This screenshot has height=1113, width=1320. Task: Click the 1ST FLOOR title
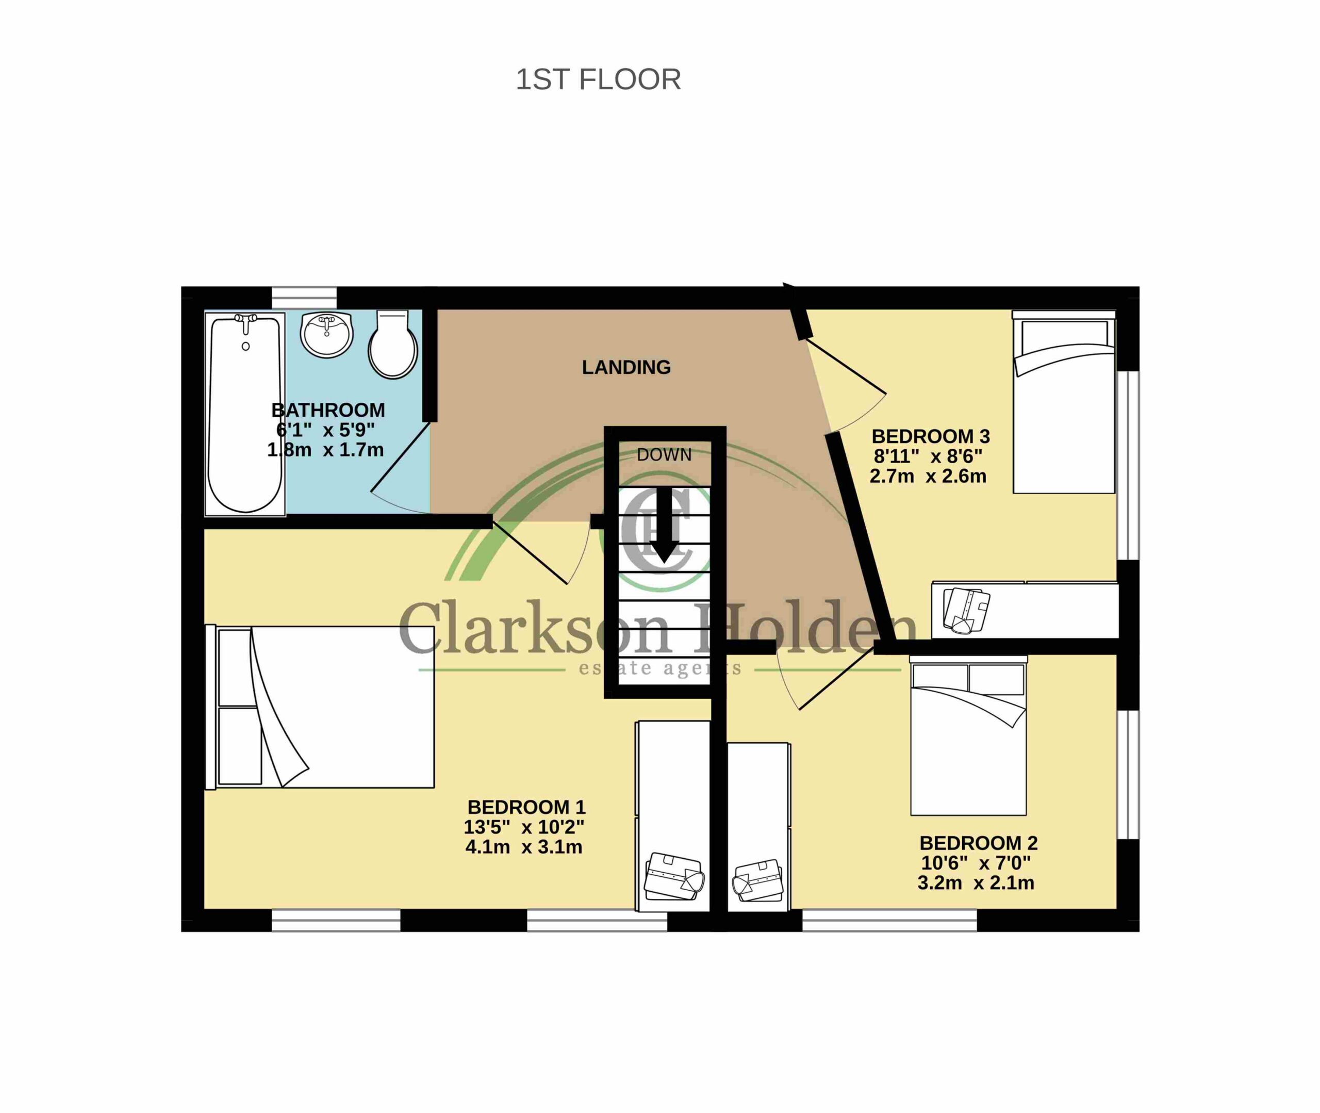coord(598,80)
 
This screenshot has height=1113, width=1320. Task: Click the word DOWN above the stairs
coord(664,455)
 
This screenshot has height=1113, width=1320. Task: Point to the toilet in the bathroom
coord(393,344)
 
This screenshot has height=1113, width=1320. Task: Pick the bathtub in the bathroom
coord(245,413)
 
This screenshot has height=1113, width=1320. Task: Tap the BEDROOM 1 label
coord(526,807)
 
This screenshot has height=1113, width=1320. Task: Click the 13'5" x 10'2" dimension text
coord(524,827)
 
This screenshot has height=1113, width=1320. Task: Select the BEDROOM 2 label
coord(978,843)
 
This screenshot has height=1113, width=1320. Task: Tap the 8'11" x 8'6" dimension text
coord(928,455)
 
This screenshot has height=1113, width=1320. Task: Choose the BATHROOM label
coord(328,410)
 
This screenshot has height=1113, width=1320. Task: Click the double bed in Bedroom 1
coord(320,707)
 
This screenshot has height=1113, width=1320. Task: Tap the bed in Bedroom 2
coord(968,735)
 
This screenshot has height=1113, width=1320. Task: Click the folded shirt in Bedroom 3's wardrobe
coord(966,610)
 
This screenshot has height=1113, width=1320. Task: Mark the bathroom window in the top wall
coord(304,298)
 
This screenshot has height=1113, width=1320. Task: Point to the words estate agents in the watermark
coord(659,669)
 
